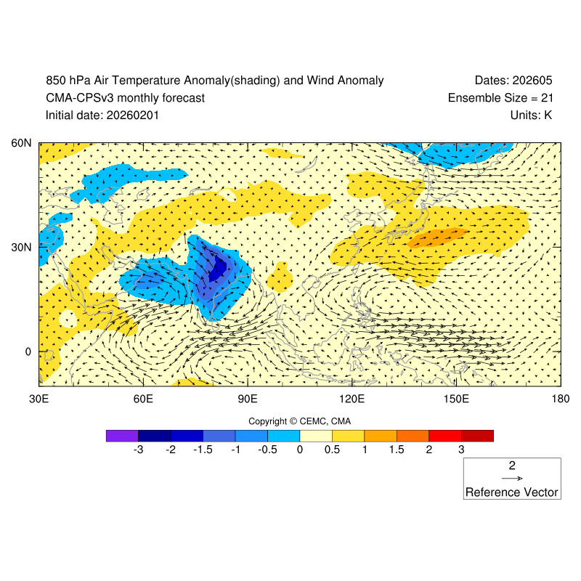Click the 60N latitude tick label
pyautogui.click(x=23, y=143)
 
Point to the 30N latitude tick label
pyautogui.click(x=23, y=247)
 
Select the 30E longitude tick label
pyautogui.click(x=38, y=399)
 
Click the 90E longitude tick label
pyautogui.click(x=248, y=399)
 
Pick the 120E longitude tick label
pyautogui.click(x=352, y=399)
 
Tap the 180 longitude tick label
pyautogui.click(x=560, y=399)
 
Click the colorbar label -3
pyautogui.click(x=137, y=450)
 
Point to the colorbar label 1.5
pyautogui.click(x=397, y=450)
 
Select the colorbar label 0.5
pyautogui.click(x=332, y=450)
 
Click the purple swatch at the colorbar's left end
pyautogui.click(x=122, y=436)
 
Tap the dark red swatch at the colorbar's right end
pyautogui.click(x=477, y=436)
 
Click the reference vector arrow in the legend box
pyautogui.click(x=512, y=479)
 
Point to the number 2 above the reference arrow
pyautogui.click(x=512, y=466)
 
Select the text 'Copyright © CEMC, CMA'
pyautogui.click(x=300, y=421)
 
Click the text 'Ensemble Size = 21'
pyautogui.click(x=500, y=98)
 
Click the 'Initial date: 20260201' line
pyautogui.click(x=102, y=115)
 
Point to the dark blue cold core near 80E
pyautogui.click(x=217, y=270)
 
